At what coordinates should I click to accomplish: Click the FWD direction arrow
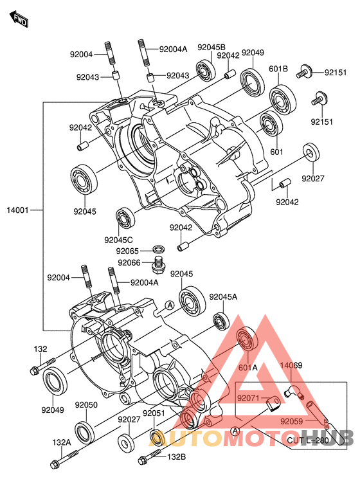[x=19, y=19]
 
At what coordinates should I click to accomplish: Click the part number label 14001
[x=17, y=210]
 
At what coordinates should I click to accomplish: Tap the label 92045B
[x=212, y=48]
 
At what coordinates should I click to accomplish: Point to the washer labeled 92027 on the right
[x=311, y=152]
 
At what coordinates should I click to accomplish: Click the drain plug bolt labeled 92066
[x=157, y=264]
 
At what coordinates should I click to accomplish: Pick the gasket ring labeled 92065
[x=158, y=249]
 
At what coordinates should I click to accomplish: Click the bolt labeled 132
[x=42, y=366]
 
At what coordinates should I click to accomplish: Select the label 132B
[x=177, y=457]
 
